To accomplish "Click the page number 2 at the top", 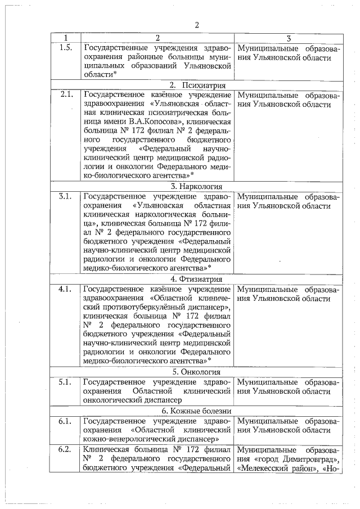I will (x=197, y=25).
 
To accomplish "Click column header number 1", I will (x=66, y=38).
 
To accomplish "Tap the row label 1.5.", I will (x=66, y=48).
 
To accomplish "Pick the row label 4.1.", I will (x=66, y=289).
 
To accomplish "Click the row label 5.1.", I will (x=66, y=381).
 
